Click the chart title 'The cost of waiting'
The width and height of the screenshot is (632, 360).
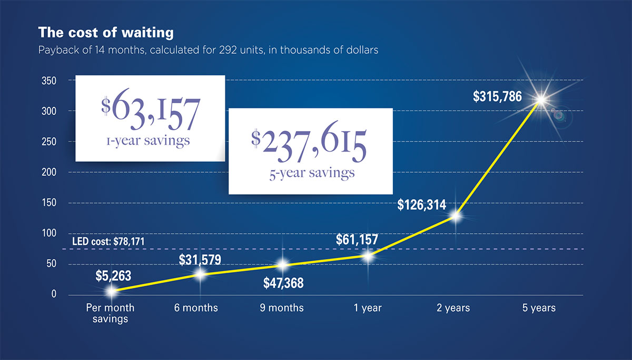[x=106, y=33]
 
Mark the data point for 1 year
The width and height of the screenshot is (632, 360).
[x=368, y=256]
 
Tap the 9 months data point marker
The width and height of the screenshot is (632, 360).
[x=283, y=265]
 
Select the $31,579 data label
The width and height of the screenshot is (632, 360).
[x=200, y=259]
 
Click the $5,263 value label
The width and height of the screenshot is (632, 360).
[x=113, y=275]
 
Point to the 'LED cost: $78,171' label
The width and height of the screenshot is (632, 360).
[x=108, y=242]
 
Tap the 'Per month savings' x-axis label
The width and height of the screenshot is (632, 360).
[x=110, y=313]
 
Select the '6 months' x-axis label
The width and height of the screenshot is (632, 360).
[x=196, y=308]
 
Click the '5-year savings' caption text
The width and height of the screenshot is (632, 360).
[x=311, y=173]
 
